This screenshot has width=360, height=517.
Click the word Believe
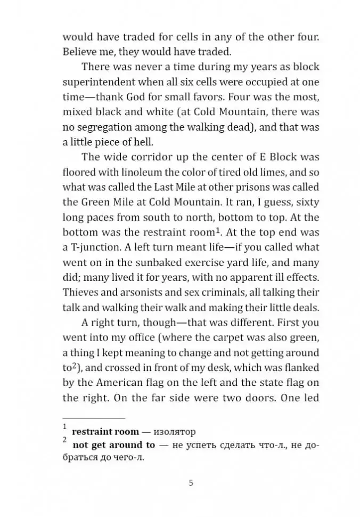coord(79,52)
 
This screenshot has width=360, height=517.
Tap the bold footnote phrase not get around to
coord(114,445)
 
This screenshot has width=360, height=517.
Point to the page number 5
coord(191,483)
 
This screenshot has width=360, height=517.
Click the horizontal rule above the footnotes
coord(94,418)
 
